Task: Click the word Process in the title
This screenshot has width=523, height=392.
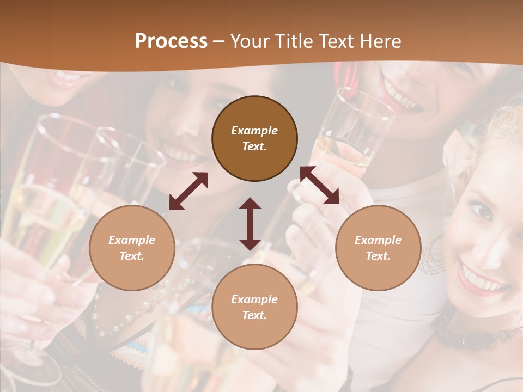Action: tap(171, 41)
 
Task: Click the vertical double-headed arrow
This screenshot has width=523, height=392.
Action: tap(250, 224)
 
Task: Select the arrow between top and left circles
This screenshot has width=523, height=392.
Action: tap(188, 191)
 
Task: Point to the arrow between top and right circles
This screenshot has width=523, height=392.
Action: tap(320, 186)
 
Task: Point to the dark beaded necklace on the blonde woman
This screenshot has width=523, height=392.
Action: tap(469, 338)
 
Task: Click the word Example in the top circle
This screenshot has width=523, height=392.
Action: tap(254, 131)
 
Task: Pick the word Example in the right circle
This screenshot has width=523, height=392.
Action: tap(378, 240)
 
